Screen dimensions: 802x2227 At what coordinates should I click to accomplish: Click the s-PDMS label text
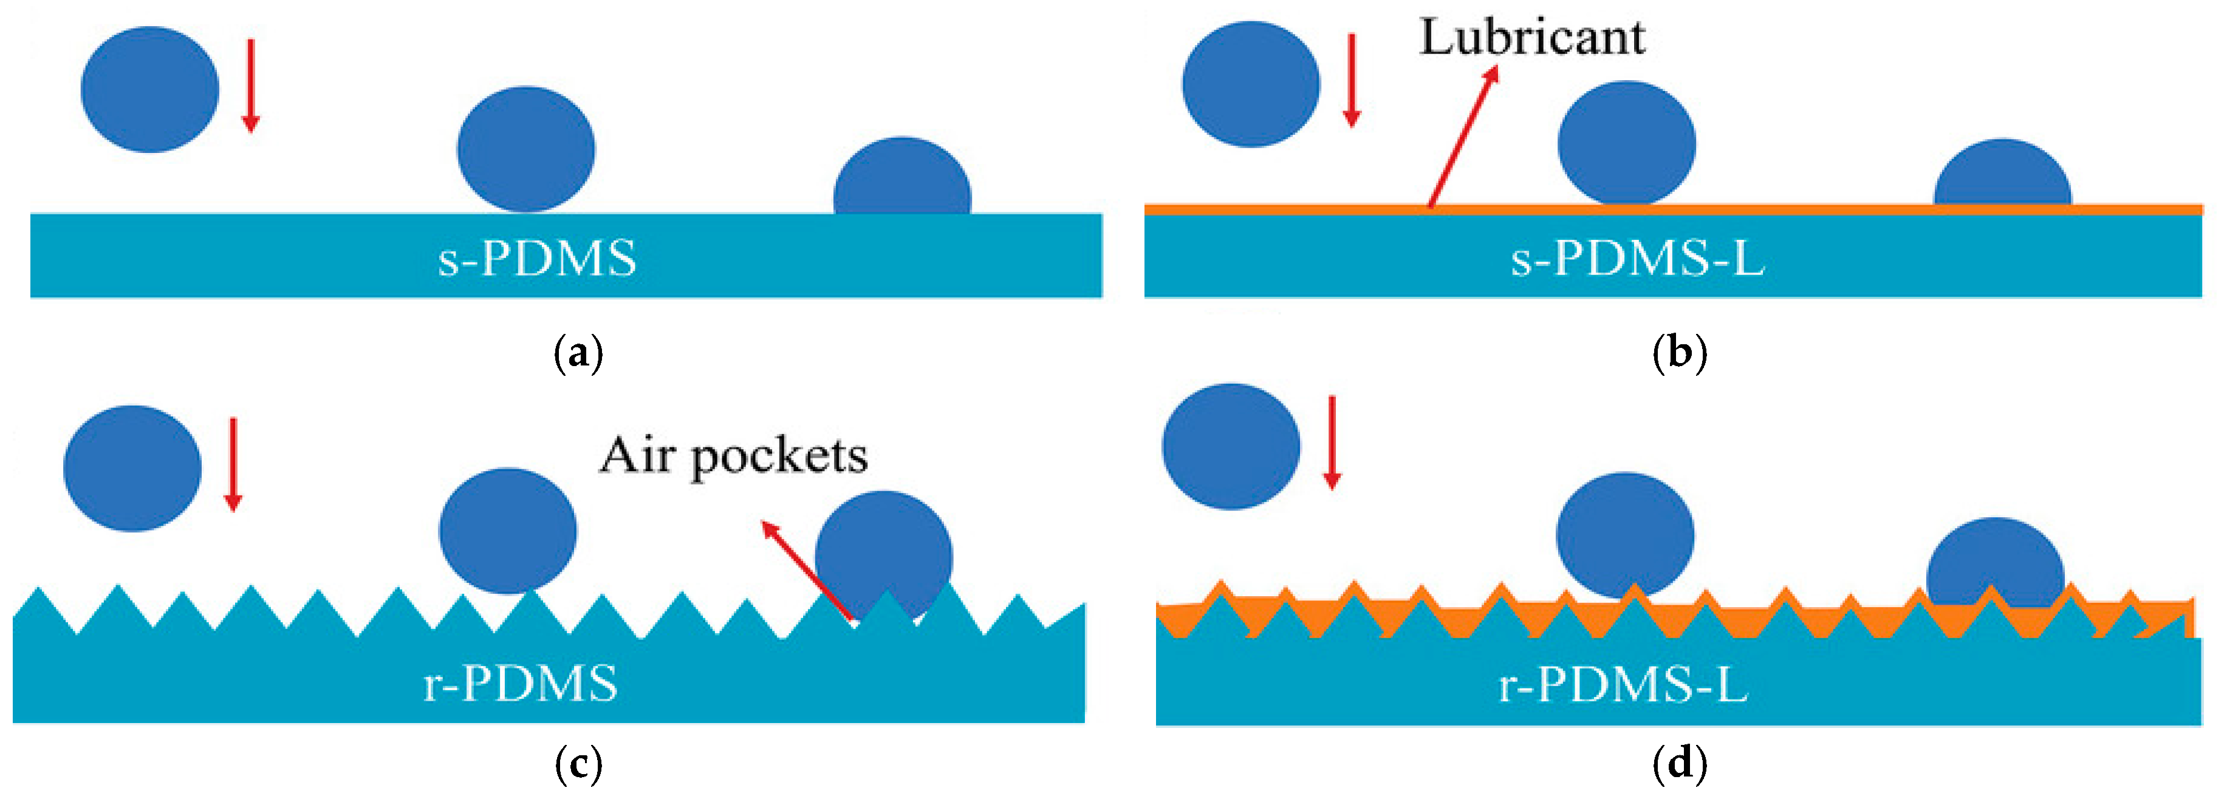[x=537, y=257]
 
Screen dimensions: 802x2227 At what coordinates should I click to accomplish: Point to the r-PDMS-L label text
[x=1623, y=684]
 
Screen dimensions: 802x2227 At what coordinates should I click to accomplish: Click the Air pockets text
[x=733, y=455]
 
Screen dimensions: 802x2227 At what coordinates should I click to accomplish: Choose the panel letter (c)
[x=578, y=763]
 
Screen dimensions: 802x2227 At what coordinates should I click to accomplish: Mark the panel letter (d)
[x=1679, y=763]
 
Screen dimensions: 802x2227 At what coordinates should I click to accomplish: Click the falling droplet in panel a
[x=149, y=89]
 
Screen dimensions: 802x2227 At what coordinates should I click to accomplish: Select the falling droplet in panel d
[x=1230, y=446]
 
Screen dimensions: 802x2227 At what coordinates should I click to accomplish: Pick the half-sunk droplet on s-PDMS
[x=901, y=178]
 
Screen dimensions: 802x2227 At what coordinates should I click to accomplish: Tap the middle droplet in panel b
[x=1626, y=143]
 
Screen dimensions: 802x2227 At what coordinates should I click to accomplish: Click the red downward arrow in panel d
[x=1332, y=441]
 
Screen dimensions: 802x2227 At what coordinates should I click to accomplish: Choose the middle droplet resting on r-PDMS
[x=507, y=531]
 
